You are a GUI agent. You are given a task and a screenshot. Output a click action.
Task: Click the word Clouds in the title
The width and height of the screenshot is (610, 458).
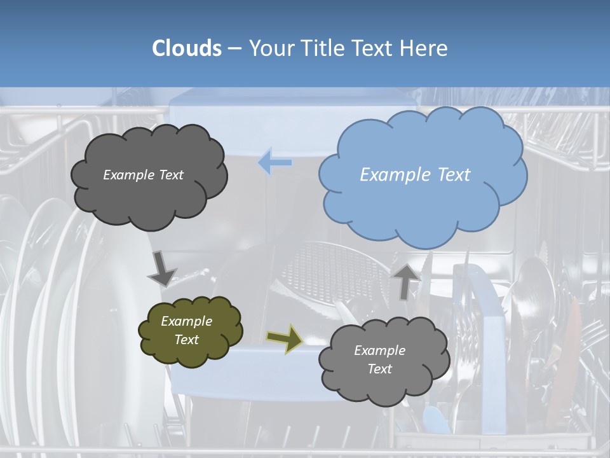[x=187, y=48]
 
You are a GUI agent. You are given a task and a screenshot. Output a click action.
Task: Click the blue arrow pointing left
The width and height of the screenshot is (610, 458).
[x=275, y=162]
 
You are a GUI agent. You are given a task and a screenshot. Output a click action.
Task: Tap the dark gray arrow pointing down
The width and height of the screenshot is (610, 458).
[x=162, y=268]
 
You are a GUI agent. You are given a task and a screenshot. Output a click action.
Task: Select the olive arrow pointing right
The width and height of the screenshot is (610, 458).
[x=284, y=338]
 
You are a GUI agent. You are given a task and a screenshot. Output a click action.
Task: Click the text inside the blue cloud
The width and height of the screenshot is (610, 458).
[x=415, y=175]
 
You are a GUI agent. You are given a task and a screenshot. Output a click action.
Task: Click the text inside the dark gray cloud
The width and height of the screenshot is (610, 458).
[x=143, y=175]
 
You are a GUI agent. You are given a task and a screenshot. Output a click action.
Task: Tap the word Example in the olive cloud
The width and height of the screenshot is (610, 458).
[x=186, y=321]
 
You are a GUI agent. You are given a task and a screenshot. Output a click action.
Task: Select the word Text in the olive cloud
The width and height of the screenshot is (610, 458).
[x=186, y=340]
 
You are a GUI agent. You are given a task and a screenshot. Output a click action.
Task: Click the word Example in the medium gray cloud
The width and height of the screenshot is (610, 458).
[x=379, y=350]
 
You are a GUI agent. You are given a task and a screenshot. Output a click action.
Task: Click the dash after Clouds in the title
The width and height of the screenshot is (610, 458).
[x=234, y=48]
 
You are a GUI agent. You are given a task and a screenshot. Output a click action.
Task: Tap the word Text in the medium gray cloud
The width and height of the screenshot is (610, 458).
[x=379, y=369]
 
